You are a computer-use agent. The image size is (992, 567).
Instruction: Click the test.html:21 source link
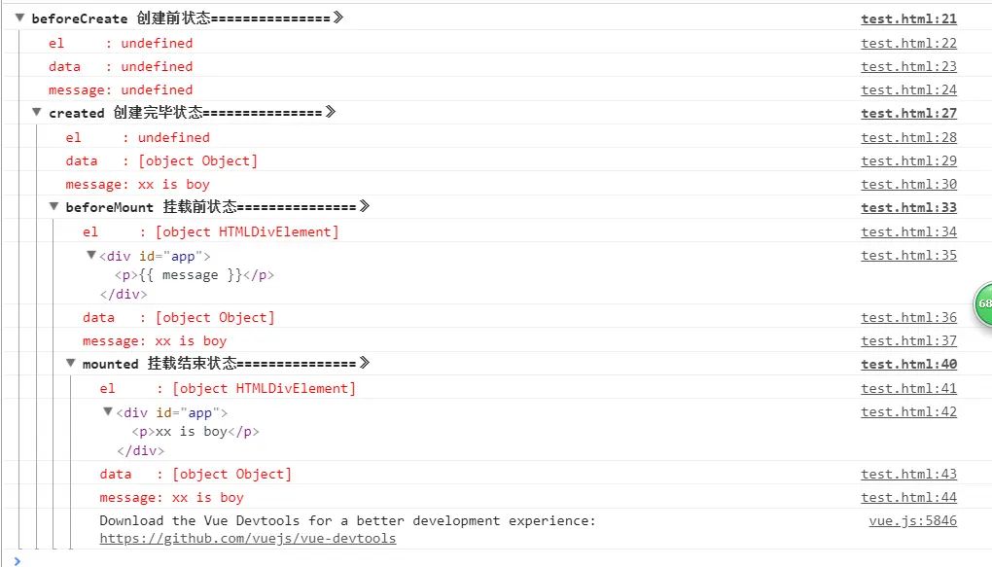(x=908, y=18)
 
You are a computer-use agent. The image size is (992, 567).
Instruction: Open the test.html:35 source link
(x=908, y=255)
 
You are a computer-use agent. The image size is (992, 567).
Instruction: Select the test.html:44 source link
(x=908, y=497)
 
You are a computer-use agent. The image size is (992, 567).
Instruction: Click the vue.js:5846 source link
(x=912, y=520)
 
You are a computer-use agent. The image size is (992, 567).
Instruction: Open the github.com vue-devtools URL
(x=247, y=538)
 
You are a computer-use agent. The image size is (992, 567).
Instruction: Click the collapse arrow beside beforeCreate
(x=19, y=18)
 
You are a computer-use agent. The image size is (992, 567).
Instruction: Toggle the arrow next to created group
(x=37, y=112)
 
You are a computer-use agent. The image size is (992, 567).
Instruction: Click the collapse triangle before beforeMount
(x=54, y=206)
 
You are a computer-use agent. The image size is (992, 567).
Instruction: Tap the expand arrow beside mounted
(x=71, y=363)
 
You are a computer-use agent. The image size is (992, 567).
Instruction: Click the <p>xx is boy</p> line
(x=195, y=431)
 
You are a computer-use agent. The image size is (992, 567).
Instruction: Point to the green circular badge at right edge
(x=982, y=303)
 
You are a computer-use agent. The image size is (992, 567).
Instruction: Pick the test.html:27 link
(x=908, y=113)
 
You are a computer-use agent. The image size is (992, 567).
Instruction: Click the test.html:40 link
(x=908, y=364)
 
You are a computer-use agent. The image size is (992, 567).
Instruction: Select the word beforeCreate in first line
(x=79, y=18)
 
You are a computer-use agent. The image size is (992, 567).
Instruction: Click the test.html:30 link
(x=908, y=184)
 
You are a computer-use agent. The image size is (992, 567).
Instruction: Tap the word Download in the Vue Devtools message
(x=131, y=520)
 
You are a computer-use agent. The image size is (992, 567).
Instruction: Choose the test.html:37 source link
(x=908, y=340)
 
